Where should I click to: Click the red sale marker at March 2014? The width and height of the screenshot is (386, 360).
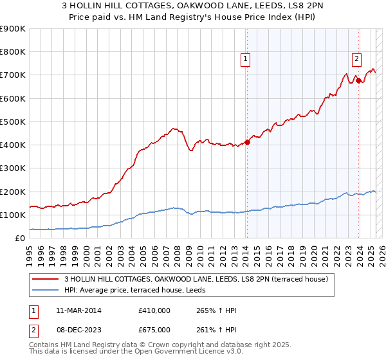(247, 143)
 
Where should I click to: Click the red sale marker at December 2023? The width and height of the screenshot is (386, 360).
(359, 80)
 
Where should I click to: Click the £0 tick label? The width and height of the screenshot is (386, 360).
(21, 239)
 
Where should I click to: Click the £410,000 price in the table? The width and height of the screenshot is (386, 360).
(154, 310)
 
